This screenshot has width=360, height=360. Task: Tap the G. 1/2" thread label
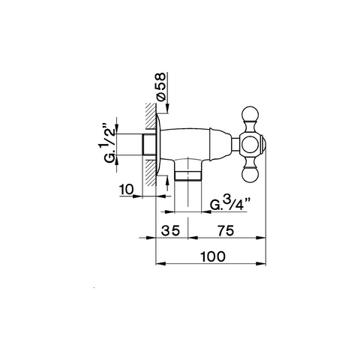tap(109, 142)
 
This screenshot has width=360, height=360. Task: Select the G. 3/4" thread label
tap(230, 204)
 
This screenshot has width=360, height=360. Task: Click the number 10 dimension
tap(127, 190)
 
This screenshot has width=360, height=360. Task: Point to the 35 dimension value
tap(170, 230)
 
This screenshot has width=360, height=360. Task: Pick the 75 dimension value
tap(226, 230)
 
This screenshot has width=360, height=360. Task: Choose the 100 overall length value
tap(213, 256)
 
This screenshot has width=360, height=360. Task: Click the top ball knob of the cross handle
tap(250, 115)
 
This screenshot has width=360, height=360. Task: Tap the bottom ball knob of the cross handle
tap(250, 174)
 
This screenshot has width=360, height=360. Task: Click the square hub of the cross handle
tap(250, 145)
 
